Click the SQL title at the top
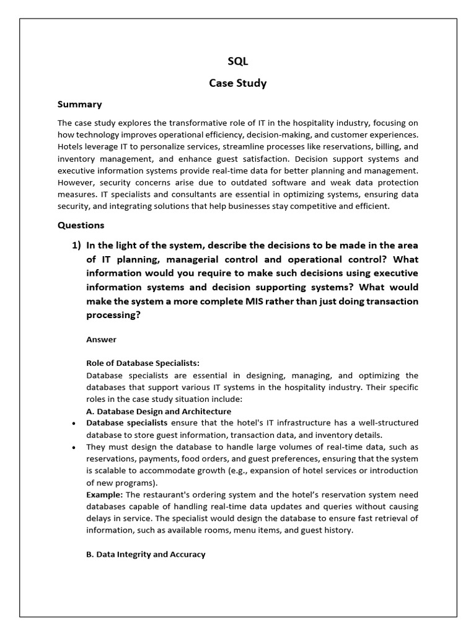tap(237, 61)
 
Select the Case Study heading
tap(237, 83)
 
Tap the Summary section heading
tap(79, 104)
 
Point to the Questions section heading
tap(81, 225)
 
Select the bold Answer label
tap(101, 340)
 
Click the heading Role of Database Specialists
tap(143, 363)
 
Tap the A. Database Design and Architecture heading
tap(159, 411)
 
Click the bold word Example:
tap(105, 494)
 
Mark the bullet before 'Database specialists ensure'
tap(74, 424)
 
